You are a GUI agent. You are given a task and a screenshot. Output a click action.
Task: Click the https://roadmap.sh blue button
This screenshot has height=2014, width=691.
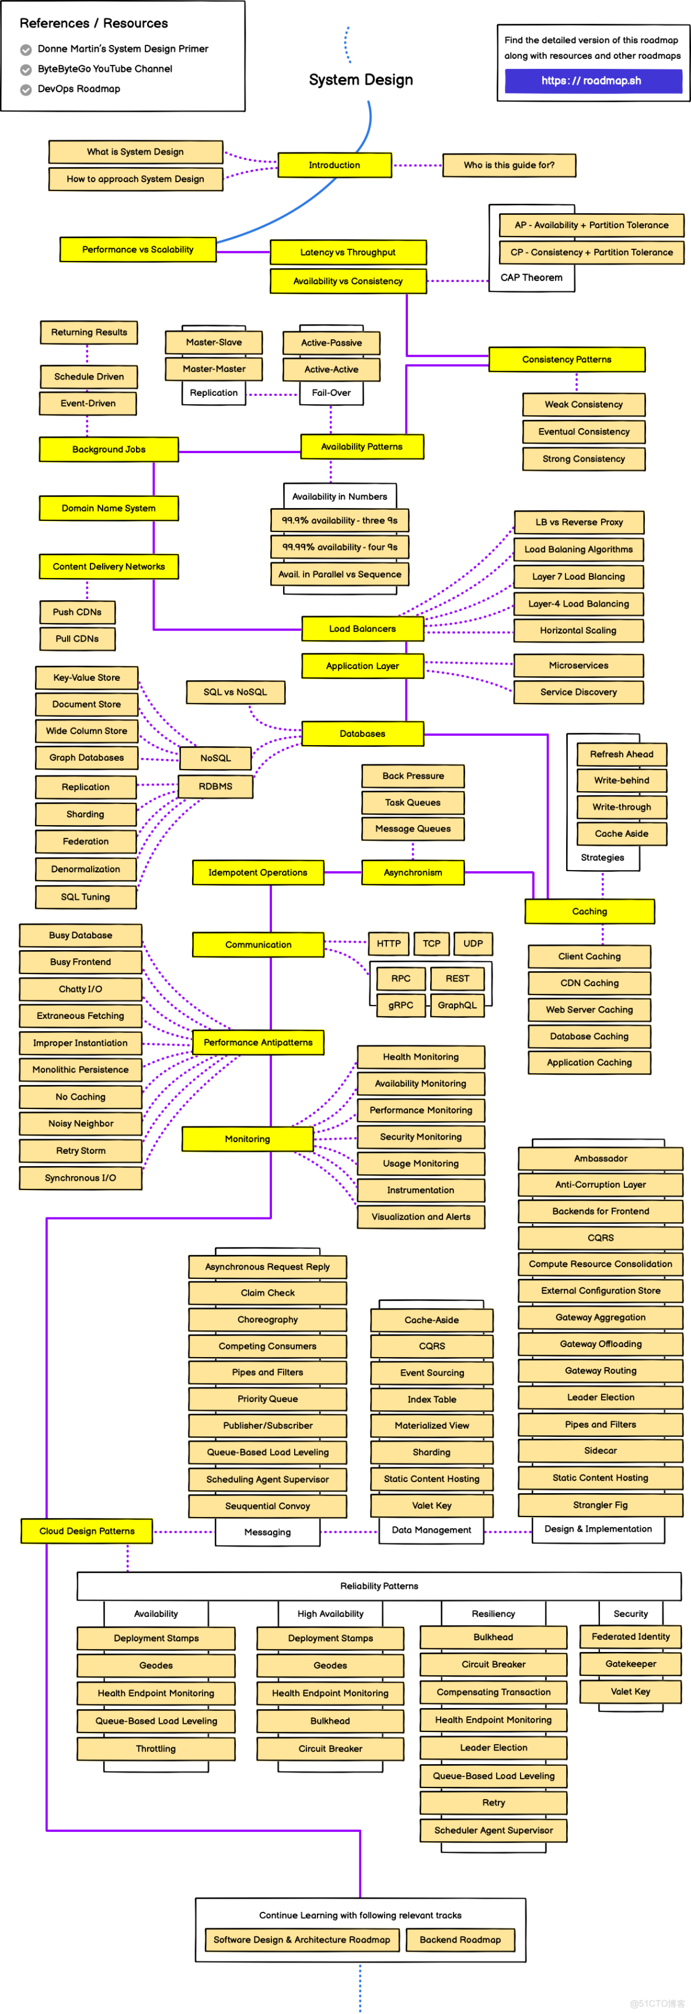tap(592, 81)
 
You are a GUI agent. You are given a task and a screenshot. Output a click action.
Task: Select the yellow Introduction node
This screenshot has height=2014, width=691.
tap(334, 165)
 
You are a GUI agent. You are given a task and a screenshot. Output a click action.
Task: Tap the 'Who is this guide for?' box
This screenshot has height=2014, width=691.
tap(509, 165)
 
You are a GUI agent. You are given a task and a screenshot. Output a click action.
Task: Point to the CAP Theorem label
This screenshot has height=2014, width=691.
tap(532, 277)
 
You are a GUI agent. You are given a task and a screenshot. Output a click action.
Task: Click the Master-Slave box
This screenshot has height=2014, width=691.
tap(214, 342)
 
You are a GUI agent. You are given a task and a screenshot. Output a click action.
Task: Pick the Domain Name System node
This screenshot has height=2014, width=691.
tap(109, 508)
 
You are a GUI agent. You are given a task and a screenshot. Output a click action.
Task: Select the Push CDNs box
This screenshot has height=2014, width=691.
tap(78, 612)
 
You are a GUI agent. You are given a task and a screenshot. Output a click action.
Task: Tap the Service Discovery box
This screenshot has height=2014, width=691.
tap(578, 692)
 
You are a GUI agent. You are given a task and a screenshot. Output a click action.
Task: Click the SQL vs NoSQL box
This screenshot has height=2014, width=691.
tap(235, 692)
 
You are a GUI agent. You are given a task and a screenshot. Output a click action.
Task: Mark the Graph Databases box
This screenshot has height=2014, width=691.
tap(87, 757)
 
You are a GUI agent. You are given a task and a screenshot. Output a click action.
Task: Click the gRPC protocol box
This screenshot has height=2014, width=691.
tap(400, 1006)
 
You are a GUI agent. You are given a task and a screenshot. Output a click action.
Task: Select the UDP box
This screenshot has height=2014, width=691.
tap(473, 944)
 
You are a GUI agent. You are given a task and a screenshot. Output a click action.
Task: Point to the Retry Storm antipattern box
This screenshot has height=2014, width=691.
tap(81, 1151)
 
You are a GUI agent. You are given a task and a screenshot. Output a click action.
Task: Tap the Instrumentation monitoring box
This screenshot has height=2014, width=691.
tap(421, 1190)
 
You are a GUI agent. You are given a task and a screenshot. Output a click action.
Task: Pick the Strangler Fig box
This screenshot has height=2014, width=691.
tap(601, 1505)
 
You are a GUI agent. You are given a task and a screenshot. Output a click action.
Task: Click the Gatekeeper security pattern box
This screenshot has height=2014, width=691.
tap(631, 1664)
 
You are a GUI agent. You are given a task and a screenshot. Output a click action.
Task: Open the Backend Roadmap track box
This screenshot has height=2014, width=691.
tap(460, 1940)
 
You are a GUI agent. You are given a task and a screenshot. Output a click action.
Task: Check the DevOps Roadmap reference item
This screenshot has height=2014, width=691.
tap(79, 89)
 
